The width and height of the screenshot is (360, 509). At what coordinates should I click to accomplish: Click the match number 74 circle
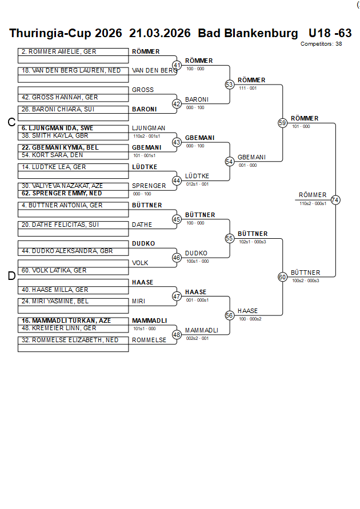[335, 200]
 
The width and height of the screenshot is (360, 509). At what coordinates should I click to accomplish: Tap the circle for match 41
[177, 65]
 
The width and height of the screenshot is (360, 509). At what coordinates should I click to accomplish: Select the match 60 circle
[282, 277]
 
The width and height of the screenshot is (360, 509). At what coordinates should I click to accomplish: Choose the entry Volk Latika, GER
[54, 270]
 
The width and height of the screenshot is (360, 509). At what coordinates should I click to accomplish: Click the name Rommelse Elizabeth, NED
[70, 340]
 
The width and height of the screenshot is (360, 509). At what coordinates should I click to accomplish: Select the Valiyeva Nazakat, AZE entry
[62, 186]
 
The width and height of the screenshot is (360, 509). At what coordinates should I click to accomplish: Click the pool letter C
[11, 122]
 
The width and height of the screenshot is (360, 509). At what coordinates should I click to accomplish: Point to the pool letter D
[11, 276]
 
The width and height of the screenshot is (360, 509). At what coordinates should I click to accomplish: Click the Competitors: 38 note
[321, 43]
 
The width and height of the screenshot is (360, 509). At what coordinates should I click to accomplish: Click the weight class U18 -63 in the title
[330, 33]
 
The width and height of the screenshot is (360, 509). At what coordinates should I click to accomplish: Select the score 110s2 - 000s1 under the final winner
[313, 203]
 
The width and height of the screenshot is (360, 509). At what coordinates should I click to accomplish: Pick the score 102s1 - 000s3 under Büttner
[252, 242]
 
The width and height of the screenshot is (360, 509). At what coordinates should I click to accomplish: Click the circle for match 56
[230, 315]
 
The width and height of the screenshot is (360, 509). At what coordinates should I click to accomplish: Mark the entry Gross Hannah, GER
[60, 98]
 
